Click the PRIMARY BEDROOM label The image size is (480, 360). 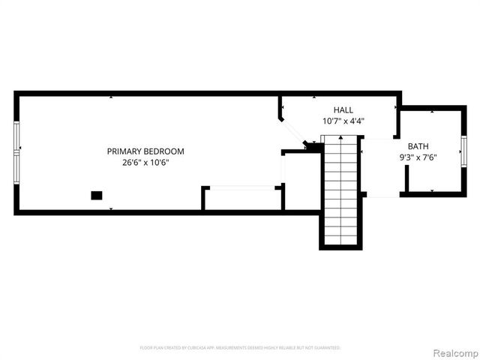145,151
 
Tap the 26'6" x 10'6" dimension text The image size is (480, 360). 145,163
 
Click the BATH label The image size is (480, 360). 418,146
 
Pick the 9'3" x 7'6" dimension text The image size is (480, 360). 418,157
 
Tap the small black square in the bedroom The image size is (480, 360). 97,196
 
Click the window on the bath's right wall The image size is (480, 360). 463,150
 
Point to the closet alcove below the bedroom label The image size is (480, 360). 242,199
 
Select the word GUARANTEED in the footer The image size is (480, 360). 325,348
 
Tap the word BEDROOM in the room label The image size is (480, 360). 164,151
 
